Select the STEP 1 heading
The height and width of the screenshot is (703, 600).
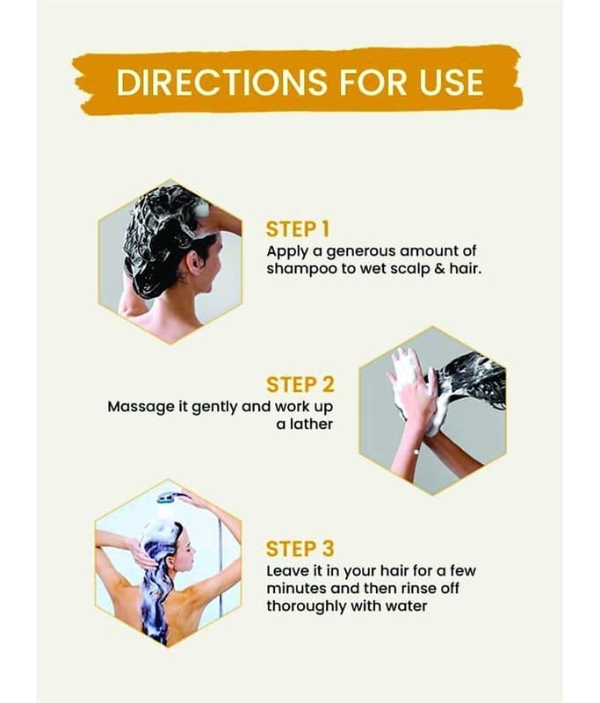[298, 229]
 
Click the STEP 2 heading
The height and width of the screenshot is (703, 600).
[300, 385]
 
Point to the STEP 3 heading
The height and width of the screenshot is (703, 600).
[300, 548]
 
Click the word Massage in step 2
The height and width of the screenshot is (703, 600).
[140, 408]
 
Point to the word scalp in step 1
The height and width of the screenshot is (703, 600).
[408, 270]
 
